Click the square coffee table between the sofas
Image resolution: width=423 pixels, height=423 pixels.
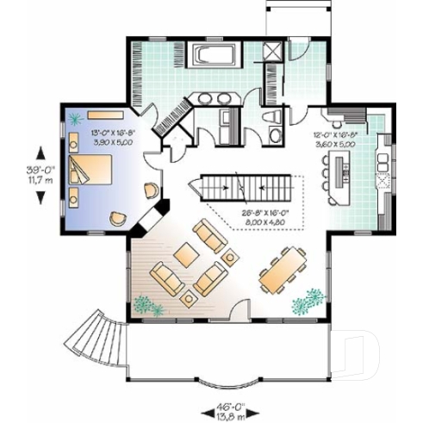point(184,255)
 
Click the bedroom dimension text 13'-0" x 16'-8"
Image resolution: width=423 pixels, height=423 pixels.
point(108,137)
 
